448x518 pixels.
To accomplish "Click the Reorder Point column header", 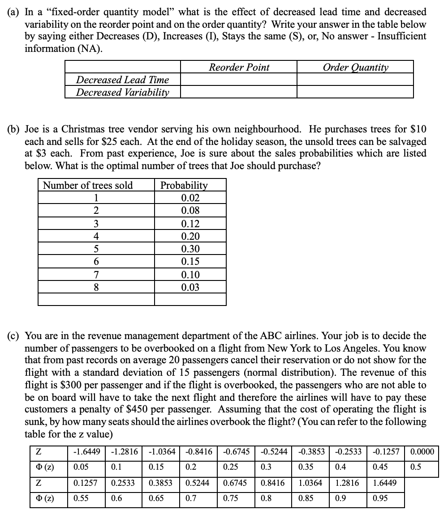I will click(x=239, y=68).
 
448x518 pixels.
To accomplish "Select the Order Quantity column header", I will click(x=355, y=68).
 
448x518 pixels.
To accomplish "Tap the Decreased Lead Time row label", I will click(x=122, y=80).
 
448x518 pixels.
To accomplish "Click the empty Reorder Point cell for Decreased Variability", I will click(x=239, y=92).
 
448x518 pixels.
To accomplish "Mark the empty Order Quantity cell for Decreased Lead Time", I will click(x=355, y=80).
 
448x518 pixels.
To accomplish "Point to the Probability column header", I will click(x=190, y=185).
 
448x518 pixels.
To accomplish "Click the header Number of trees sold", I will click(x=88, y=185).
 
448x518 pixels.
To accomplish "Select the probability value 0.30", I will click(x=190, y=249).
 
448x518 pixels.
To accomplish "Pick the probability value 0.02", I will click(x=190, y=198).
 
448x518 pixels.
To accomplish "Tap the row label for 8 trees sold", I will click(x=96, y=287).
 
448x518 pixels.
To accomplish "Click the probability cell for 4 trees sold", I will click(x=190, y=237).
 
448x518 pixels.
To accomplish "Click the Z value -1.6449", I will click(x=86, y=451).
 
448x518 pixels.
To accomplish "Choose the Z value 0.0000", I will click(x=422, y=451).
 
